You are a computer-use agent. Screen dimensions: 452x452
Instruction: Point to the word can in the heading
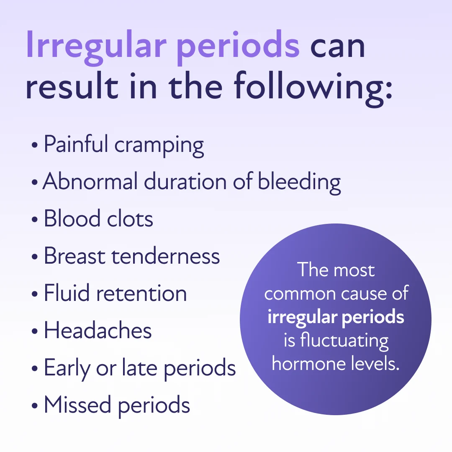337,47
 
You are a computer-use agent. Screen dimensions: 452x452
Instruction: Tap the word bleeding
299,183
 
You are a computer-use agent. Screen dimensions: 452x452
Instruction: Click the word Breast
74,256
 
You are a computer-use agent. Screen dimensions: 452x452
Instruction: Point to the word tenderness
166,256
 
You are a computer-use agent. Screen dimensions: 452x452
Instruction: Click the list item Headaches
98,330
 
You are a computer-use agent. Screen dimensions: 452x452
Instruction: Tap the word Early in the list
67,369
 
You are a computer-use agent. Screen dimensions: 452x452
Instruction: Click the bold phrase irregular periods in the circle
336,317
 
